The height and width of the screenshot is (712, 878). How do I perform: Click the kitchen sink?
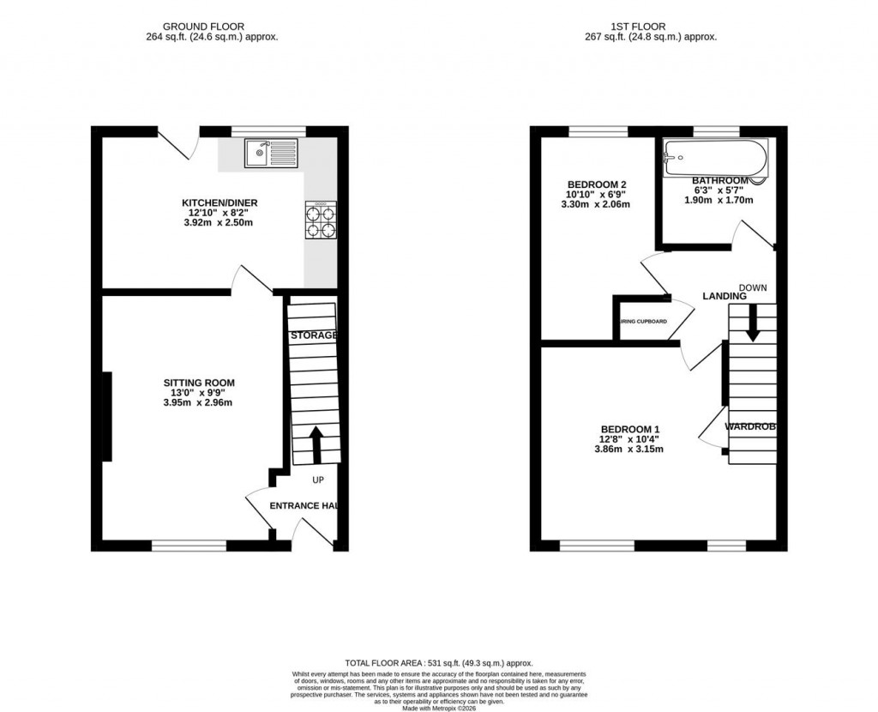271,154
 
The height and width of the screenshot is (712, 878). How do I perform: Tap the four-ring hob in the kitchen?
321,218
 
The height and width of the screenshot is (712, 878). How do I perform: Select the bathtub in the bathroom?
716,158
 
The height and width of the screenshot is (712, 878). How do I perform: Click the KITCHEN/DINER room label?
220,203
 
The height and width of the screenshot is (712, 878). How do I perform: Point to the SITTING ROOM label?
200,383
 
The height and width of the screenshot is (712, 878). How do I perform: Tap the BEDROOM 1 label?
630,429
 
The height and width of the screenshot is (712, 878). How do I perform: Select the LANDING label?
725,296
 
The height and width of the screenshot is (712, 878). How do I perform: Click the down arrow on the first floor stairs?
752,325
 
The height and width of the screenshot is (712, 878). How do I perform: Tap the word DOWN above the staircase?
753,287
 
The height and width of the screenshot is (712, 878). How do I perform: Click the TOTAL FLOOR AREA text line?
439,663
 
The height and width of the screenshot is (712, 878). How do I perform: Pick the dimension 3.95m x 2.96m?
200,402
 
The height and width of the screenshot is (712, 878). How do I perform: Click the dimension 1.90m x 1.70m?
719,200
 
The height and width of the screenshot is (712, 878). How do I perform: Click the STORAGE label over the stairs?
313,335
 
